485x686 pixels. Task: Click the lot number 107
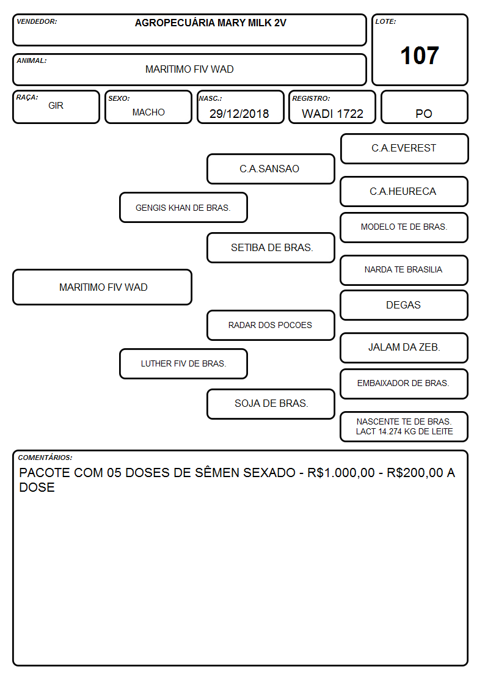point(420,56)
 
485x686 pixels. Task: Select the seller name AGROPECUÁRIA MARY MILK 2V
point(210,23)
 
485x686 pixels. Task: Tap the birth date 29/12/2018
point(239,114)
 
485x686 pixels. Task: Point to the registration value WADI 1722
point(332,114)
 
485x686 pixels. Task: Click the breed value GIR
point(56,106)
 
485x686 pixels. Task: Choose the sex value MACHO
point(148,112)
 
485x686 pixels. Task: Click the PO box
point(424,107)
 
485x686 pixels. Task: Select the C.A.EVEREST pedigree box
point(404,149)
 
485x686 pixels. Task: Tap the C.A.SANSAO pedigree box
point(271,169)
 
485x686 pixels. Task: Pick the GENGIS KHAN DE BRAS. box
point(183,208)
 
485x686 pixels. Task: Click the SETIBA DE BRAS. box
point(271,247)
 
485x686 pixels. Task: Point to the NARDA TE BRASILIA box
point(404,270)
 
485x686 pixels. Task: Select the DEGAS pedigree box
point(404,305)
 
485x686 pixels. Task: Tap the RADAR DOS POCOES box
point(271,326)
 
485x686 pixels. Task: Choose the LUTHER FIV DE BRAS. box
point(183,364)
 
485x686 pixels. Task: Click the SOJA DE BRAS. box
point(271,404)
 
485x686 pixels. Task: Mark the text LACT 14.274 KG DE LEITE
point(404,432)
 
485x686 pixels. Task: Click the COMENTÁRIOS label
point(45,458)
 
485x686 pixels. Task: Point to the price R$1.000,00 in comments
point(341,473)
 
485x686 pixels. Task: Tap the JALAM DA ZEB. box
point(404,348)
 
